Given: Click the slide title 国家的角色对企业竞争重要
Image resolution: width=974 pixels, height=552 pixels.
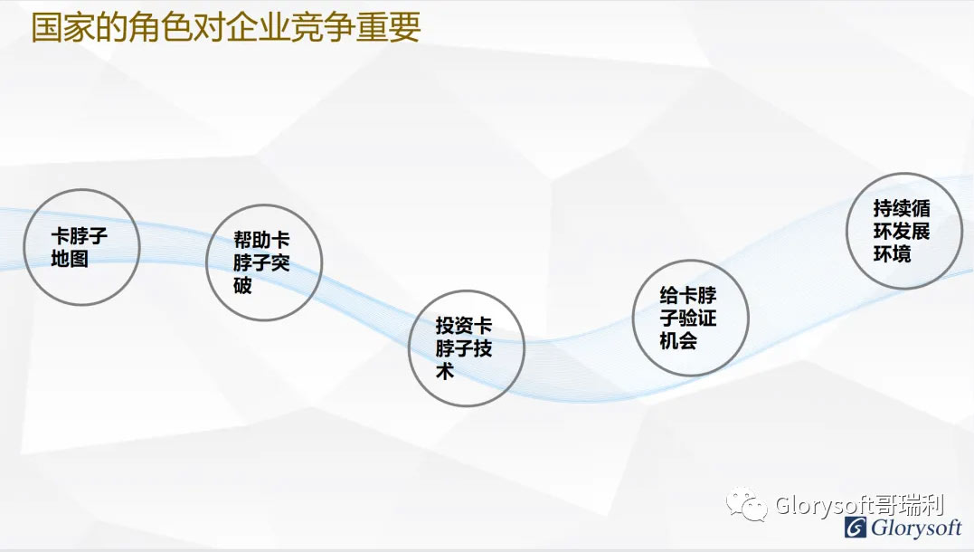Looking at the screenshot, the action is [x=226, y=27].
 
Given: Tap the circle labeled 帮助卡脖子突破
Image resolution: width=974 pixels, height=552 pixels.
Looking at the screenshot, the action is [x=206, y=262].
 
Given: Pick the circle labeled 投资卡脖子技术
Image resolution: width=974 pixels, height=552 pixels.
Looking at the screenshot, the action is [x=409, y=348].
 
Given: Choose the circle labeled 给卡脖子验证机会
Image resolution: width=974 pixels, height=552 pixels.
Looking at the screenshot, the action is [x=633, y=318].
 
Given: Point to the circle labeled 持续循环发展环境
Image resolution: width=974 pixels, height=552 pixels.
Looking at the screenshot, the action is [x=847, y=231].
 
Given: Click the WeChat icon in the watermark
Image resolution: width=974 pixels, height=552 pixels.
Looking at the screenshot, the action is [x=747, y=504].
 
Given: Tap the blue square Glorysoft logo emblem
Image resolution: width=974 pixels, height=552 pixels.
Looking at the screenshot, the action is [x=856, y=528].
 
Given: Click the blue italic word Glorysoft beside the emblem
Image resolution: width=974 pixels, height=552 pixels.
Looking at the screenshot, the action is [x=916, y=528].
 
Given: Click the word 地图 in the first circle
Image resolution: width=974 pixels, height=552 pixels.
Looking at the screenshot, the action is [x=70, y=259].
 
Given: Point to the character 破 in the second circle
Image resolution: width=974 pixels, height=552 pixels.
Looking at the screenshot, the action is [x=242, y=285].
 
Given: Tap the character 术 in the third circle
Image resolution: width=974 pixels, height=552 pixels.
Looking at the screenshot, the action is [x=445, y=371].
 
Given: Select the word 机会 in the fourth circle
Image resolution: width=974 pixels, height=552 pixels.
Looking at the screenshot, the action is [x=678, y=340].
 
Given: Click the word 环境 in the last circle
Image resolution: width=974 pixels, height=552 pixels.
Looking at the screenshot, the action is [x=892, y=253].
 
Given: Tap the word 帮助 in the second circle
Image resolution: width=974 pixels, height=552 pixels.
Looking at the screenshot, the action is [x=252, y=239].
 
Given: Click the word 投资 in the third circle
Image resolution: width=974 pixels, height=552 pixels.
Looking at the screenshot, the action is [x=454, y=325].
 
